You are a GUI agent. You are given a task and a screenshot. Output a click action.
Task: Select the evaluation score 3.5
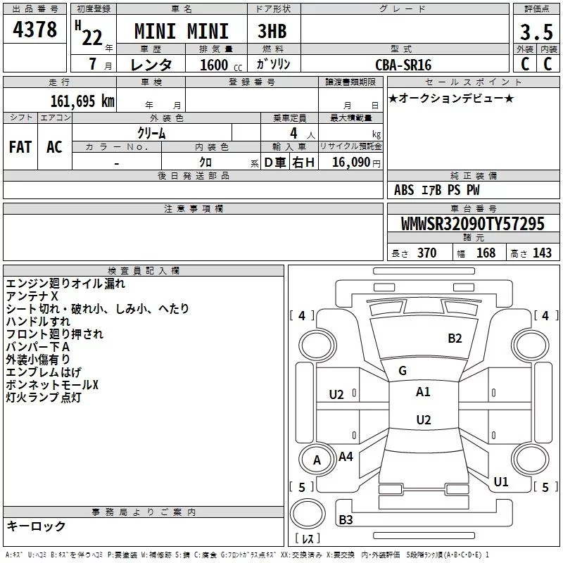[x=535, y=32]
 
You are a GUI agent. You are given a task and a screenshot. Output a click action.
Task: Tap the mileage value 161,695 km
[x=82, y=101]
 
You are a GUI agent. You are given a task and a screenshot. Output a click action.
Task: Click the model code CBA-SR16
[x=403, y=65]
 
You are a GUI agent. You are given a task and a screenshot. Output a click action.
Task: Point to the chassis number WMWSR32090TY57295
[x=472, y=224]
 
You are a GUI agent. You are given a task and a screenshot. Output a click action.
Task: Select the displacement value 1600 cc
[x=213, y=65]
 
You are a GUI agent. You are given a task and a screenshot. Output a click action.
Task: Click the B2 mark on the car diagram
[x=455, y=339]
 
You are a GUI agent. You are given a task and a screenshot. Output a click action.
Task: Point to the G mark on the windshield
[x=402, y=371]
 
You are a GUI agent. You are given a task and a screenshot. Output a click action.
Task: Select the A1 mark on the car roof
[x=423, y=392]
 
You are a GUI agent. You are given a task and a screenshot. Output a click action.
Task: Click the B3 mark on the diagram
[x=346, y=520]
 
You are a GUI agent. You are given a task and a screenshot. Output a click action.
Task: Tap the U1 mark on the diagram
[x=501, y=482]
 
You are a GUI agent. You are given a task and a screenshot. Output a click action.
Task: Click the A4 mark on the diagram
[x=346, y=457]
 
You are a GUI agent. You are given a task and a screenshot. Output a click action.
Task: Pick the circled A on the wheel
[x=317, y=460]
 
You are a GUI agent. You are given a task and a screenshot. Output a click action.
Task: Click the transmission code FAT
[x=20, y=146]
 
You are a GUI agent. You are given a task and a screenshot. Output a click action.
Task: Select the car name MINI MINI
[x=182, y=32]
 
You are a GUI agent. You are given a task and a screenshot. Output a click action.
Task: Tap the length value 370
[x=426, y=253]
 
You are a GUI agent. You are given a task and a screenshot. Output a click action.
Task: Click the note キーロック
[x=36, y=526]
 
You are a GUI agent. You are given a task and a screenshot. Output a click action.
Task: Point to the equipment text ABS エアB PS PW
[x=436, y=190]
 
